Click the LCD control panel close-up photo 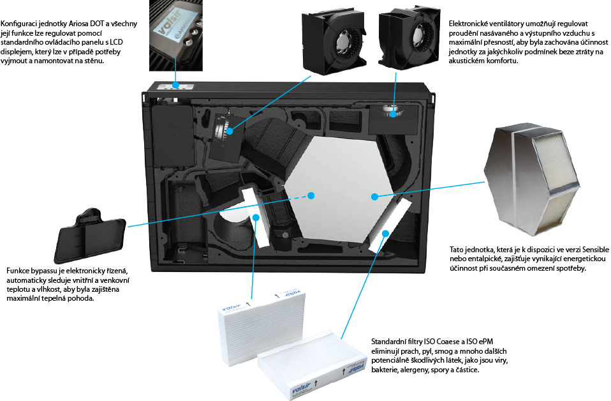tap(176, 36)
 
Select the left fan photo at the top tap(334, 40)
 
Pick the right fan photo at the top tap(409, 38)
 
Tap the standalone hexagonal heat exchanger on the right tap(533, 181)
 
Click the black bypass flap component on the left tap(90, 236)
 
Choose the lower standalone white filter tap(313, 365)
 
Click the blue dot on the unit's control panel tap(176, 85)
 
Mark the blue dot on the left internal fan tap(230, 131)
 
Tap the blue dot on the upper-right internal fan tap(393, 114)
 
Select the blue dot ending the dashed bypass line tap(311, 195)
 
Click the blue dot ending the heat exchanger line tap(374, 197)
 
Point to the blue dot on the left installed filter tap(256, 217)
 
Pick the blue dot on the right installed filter tap(385, 233)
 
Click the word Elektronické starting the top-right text tap(467, 24)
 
